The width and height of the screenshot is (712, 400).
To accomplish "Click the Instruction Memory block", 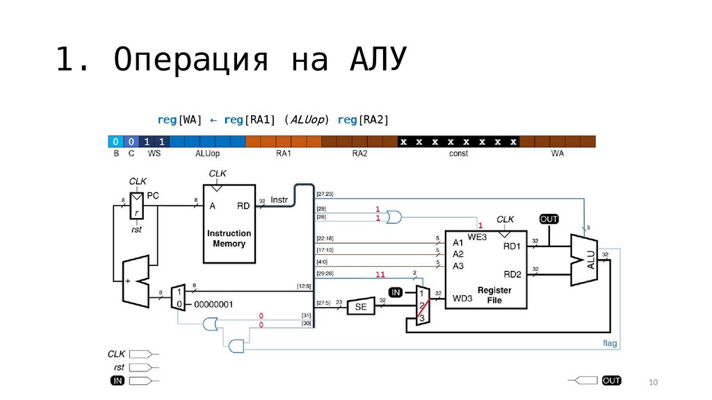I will point(229,224).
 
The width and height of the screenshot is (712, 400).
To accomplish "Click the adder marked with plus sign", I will point(135,281).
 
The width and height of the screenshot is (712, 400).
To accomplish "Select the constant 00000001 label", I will point(213,305).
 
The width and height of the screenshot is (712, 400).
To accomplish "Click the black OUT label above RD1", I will point(549,219).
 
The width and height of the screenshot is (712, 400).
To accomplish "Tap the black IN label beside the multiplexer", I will point(395,292).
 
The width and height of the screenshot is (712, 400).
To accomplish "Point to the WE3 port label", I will point(477,237).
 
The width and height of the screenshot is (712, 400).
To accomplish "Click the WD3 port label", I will point(462,299).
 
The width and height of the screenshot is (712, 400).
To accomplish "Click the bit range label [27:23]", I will point(325,194).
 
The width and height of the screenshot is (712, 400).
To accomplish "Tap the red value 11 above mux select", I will point(380,275).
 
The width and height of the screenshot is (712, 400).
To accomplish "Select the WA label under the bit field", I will point(558,153).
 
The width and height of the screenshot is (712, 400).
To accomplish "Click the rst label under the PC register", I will point(136,229).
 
